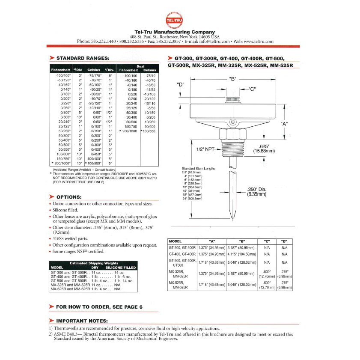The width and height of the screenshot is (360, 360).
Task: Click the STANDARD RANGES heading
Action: (x=83, y=58)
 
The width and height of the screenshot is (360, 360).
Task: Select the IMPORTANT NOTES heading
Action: (x=82, y=321)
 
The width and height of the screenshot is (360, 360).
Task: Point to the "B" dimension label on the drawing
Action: (x=233, y=79)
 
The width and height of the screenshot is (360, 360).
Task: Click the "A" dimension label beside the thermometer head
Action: (x=284, y=124)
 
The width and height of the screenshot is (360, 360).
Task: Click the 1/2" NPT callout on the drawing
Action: (x=205, y=149)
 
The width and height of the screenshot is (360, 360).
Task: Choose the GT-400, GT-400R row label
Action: (x=182, y=254)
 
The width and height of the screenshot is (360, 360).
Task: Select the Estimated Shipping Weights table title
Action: (x=93, y=263)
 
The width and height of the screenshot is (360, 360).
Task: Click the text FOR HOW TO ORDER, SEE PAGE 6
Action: (x=99, y=306)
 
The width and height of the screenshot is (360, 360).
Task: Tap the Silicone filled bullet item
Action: (x=67, y=210)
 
